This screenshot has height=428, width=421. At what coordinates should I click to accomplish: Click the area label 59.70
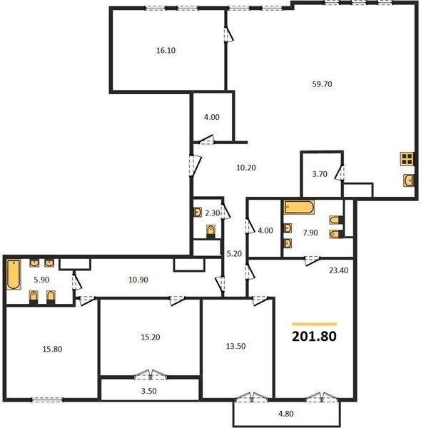[x=322, y=84]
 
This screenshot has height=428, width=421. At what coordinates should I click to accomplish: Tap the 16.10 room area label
[x=166, y=50]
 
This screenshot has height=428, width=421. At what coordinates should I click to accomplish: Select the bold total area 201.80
[x=314, y=336]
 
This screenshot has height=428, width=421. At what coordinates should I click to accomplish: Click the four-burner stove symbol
[x=407, y=159]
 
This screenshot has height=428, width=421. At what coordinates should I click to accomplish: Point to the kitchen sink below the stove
[x=408, y=180]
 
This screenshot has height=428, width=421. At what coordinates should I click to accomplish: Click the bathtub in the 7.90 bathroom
[x=299, y=207]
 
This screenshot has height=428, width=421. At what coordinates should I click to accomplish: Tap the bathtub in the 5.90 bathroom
[x=14, y=275]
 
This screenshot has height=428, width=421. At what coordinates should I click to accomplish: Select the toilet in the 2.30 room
[x=210, y=231]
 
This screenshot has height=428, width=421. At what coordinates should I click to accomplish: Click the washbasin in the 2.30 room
[x=198, y=212]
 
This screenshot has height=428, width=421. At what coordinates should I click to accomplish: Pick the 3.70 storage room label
[x=320, y=174]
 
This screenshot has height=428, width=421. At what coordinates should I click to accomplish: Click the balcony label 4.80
[x=286, y=414]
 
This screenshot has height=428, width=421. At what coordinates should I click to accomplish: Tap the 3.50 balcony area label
[x=149, y=391]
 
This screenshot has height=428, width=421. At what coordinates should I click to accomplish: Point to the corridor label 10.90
[x=138, y=280]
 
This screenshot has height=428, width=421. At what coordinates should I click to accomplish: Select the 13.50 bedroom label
[x=235, y=346]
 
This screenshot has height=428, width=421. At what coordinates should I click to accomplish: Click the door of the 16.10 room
[x=228, y=34]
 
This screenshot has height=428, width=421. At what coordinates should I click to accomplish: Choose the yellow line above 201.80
[x=314, y=325]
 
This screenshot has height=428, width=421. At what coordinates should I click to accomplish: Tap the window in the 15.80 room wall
[x=48, y=399]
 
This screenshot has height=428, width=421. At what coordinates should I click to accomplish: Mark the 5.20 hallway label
[x=234, y=253]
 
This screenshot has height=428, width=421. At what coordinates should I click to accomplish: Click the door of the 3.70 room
[x=340, y=173]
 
